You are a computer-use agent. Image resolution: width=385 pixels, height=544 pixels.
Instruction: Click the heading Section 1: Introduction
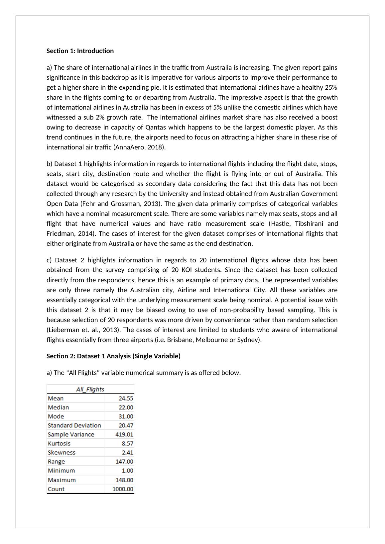(80, 51)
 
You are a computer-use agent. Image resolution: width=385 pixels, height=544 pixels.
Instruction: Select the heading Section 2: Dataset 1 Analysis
(113, 356)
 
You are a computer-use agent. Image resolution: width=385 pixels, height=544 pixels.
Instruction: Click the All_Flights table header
(90, 389)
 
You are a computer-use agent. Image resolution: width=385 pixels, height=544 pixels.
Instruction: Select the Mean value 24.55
(126, 399)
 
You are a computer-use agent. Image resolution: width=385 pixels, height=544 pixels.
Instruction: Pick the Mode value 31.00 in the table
(126, 416)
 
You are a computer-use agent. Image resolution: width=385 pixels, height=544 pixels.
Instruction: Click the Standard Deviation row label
(74, 425)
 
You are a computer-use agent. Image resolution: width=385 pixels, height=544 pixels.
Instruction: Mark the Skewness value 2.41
(127, 452)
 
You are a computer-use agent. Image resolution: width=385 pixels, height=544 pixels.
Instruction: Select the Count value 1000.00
(123, 489)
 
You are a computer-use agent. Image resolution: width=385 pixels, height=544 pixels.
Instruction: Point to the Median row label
(58, 408)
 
